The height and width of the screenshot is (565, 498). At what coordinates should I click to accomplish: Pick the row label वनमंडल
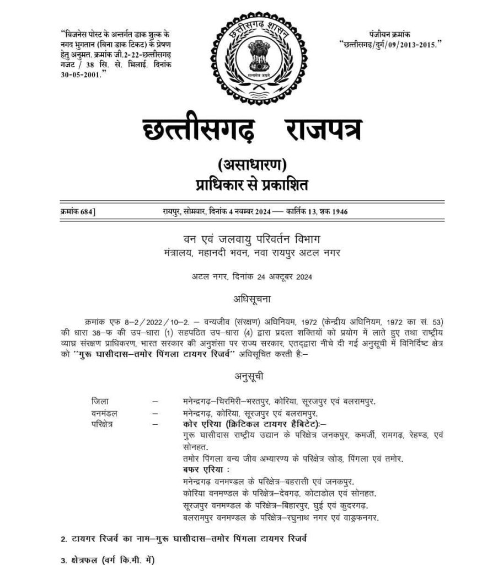click(104, 413)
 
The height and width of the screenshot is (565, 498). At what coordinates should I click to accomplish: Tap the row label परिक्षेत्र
click(104, 424)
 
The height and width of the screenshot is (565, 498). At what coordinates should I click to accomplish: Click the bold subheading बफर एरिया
click(205, 470)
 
